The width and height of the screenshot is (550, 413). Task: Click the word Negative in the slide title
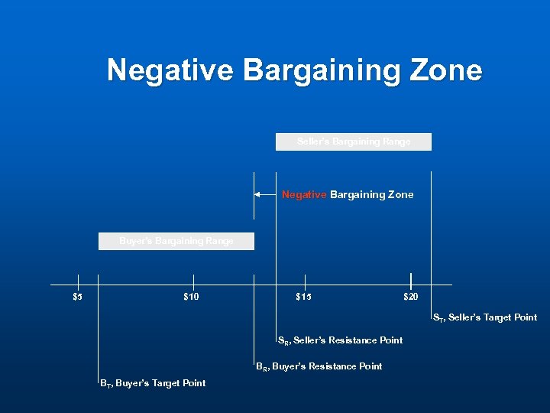170,70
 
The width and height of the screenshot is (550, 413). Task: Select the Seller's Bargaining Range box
354,141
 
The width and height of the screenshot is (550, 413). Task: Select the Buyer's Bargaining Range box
176,241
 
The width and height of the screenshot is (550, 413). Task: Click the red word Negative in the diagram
304,195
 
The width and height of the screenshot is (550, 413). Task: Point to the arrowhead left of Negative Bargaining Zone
258,195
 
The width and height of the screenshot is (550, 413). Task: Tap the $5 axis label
77,297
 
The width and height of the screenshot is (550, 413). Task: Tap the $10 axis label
192,297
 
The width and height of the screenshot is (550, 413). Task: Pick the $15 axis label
303,297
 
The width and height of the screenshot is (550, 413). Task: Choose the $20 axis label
411,297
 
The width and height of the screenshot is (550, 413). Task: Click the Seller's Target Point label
485,317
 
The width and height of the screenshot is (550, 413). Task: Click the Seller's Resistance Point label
340,340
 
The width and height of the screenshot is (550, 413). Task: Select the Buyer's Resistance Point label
319,366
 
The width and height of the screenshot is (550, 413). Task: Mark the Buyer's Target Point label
153,383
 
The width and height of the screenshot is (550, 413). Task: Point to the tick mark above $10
193,281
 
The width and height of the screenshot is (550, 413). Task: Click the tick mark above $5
77,281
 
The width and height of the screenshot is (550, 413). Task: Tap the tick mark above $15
305,281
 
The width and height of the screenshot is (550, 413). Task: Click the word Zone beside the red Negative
400,195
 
